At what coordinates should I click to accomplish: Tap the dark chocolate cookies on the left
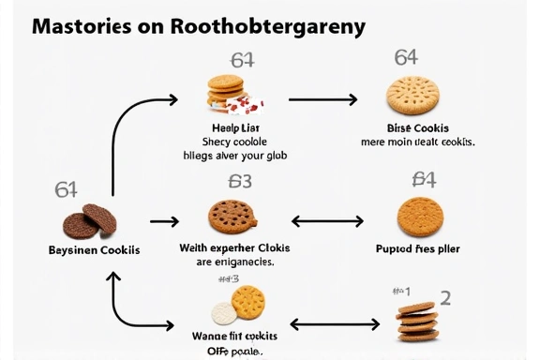90,221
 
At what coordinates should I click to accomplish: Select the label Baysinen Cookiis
94,250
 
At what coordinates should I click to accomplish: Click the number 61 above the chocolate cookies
66,189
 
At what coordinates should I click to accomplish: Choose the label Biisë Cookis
417,127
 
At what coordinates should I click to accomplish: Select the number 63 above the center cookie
240,181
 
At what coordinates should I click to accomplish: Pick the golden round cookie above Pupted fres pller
417,217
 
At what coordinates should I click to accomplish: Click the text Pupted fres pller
417,248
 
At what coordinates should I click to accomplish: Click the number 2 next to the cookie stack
445,298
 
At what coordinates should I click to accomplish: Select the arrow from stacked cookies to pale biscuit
322,98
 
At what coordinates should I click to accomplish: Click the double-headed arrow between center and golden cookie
327,222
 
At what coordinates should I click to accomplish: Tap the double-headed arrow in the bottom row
334,324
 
